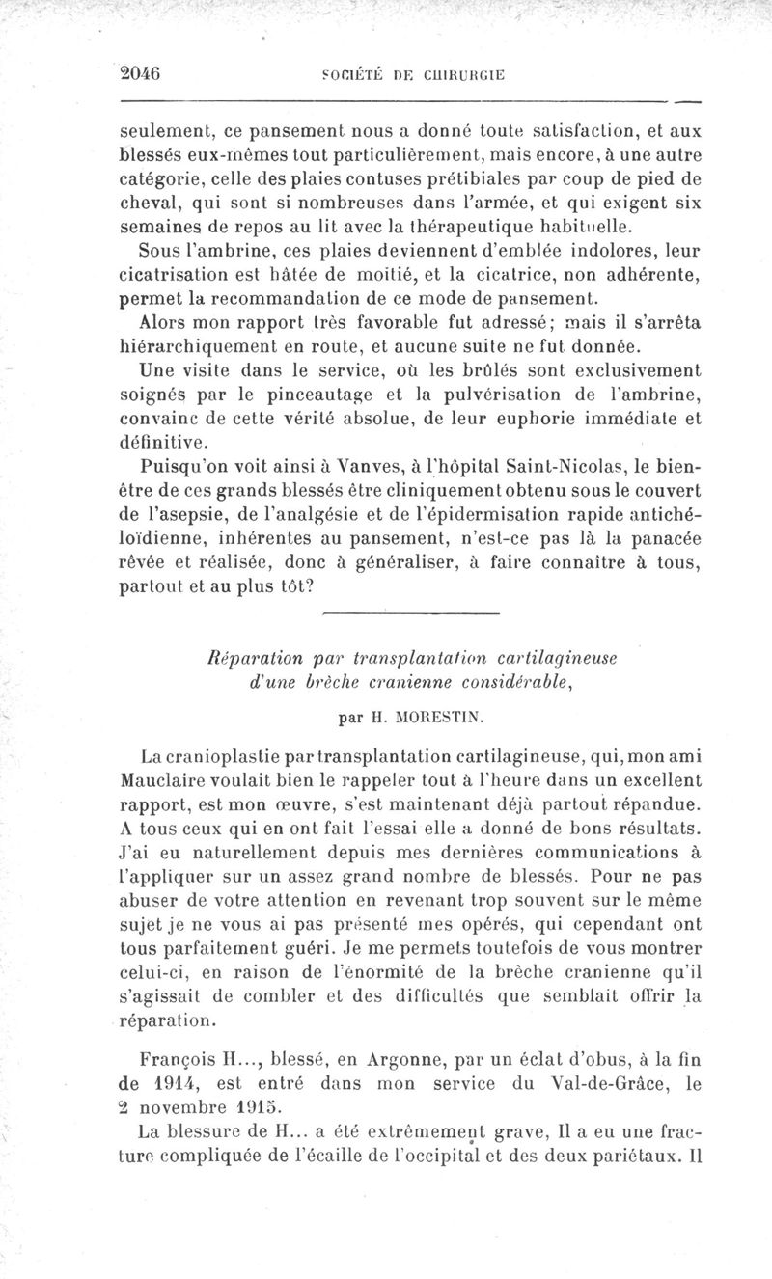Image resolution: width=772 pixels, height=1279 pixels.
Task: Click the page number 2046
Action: [139, 72]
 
